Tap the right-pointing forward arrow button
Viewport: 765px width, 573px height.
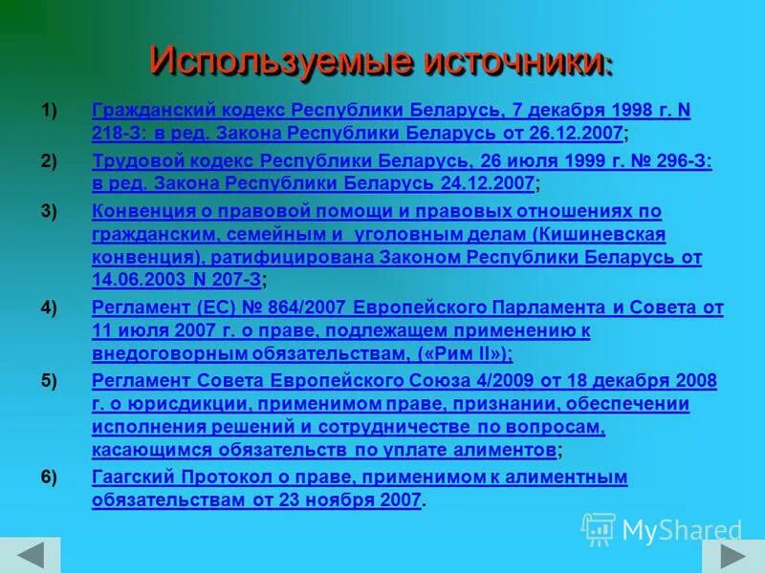pos(732,556)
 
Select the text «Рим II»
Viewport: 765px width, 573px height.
pos(464,354)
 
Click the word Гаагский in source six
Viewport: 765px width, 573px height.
pos(132,477)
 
